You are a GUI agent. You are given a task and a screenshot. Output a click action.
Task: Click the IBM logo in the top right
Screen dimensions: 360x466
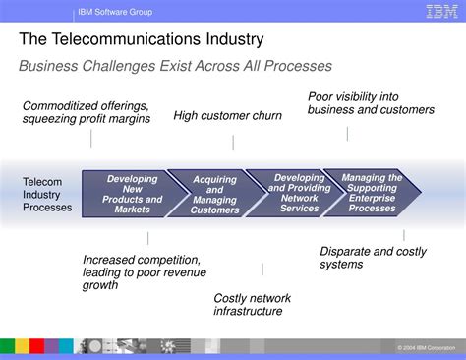(x=439, y=12)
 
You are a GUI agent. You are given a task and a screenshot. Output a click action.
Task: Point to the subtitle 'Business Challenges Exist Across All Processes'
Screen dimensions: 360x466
(x=175, y=66)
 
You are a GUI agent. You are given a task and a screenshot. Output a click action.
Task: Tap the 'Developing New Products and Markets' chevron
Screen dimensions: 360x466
(x=131, y=194)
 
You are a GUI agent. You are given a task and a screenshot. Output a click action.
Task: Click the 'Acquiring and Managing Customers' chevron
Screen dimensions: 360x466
(x=213, y=195)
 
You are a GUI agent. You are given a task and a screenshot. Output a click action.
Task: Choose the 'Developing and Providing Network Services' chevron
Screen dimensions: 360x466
(x=293, y=194)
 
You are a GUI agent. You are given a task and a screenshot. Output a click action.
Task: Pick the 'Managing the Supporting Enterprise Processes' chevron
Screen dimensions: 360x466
(x=372, y=194)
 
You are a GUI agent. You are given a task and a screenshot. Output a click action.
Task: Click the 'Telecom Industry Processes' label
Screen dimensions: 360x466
(x=47, y=195)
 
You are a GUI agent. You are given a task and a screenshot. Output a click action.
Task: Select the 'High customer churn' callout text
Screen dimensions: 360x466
(x=227, y=116)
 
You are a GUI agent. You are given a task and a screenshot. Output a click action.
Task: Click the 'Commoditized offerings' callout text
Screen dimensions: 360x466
(x=87, y=112)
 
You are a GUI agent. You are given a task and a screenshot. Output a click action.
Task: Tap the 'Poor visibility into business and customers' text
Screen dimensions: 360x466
(x=371, y=103)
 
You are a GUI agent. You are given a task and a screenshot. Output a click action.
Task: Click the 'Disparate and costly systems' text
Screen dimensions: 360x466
(x=373, y=258)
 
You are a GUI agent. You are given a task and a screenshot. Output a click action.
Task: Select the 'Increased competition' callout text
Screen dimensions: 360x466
(x=144, y=272)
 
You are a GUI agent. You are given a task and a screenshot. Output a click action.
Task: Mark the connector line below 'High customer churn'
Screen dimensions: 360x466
(x=233, y=143)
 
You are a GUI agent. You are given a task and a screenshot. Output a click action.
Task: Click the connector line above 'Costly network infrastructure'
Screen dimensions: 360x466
(x=262, y=269)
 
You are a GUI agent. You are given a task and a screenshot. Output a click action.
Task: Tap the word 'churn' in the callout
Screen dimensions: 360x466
(x=265, y=116)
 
